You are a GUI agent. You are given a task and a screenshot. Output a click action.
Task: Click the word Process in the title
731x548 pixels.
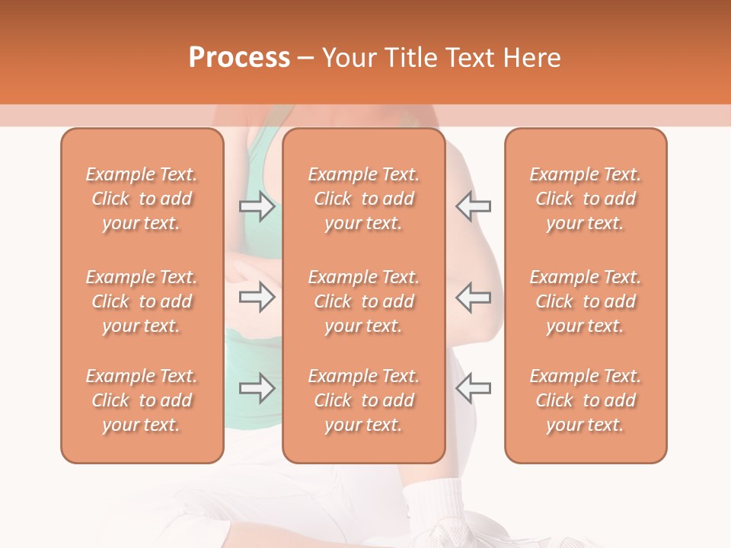pos(239,58)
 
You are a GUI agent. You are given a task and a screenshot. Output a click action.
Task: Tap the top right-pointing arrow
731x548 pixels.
pos(257,205)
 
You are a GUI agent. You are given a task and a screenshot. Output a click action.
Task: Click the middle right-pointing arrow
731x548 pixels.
pos(257,297)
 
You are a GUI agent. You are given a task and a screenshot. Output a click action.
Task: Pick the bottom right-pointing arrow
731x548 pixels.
pos(257,388)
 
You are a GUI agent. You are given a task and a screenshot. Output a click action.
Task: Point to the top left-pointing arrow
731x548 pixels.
pos(473,205)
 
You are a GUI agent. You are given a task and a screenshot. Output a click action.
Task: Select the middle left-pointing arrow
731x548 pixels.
pos(473,297)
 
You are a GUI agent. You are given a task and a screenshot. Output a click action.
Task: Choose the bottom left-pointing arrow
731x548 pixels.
pos(473,388)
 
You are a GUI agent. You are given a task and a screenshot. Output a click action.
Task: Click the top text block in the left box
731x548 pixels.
pos(142,199)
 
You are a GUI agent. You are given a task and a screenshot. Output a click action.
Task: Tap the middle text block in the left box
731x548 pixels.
pos(142,301)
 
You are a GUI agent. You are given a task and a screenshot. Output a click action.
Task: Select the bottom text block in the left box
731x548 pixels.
pos(142,400)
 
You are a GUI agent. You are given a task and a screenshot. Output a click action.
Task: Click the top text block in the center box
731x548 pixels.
pos(364,199)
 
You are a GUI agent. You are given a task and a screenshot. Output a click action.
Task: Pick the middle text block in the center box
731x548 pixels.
pos(364,301)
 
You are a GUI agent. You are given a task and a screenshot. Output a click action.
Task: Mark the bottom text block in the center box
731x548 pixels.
pos(364,400)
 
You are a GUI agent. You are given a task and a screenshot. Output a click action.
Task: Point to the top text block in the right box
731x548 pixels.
pos(586,199)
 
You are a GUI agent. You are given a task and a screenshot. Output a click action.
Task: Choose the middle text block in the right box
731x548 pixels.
pos(586,301)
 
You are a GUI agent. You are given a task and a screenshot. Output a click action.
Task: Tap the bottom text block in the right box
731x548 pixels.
pos(586,400)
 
